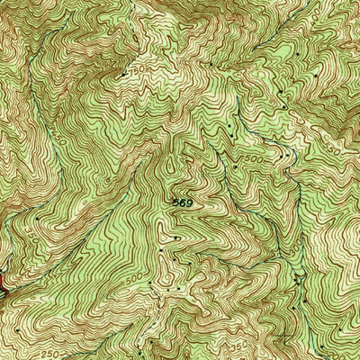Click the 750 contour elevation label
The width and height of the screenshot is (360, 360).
point(137,67)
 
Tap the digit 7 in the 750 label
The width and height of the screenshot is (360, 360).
point(132,67)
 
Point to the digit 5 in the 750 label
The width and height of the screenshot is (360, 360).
point(137,67)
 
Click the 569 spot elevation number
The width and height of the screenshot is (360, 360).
point(183,204)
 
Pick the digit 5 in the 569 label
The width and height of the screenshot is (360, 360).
point(176,204)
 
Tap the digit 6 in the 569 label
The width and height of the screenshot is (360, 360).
point(183,204)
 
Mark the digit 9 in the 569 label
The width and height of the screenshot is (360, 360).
point(189,204)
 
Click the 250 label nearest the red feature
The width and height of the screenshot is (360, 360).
point(51,354)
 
